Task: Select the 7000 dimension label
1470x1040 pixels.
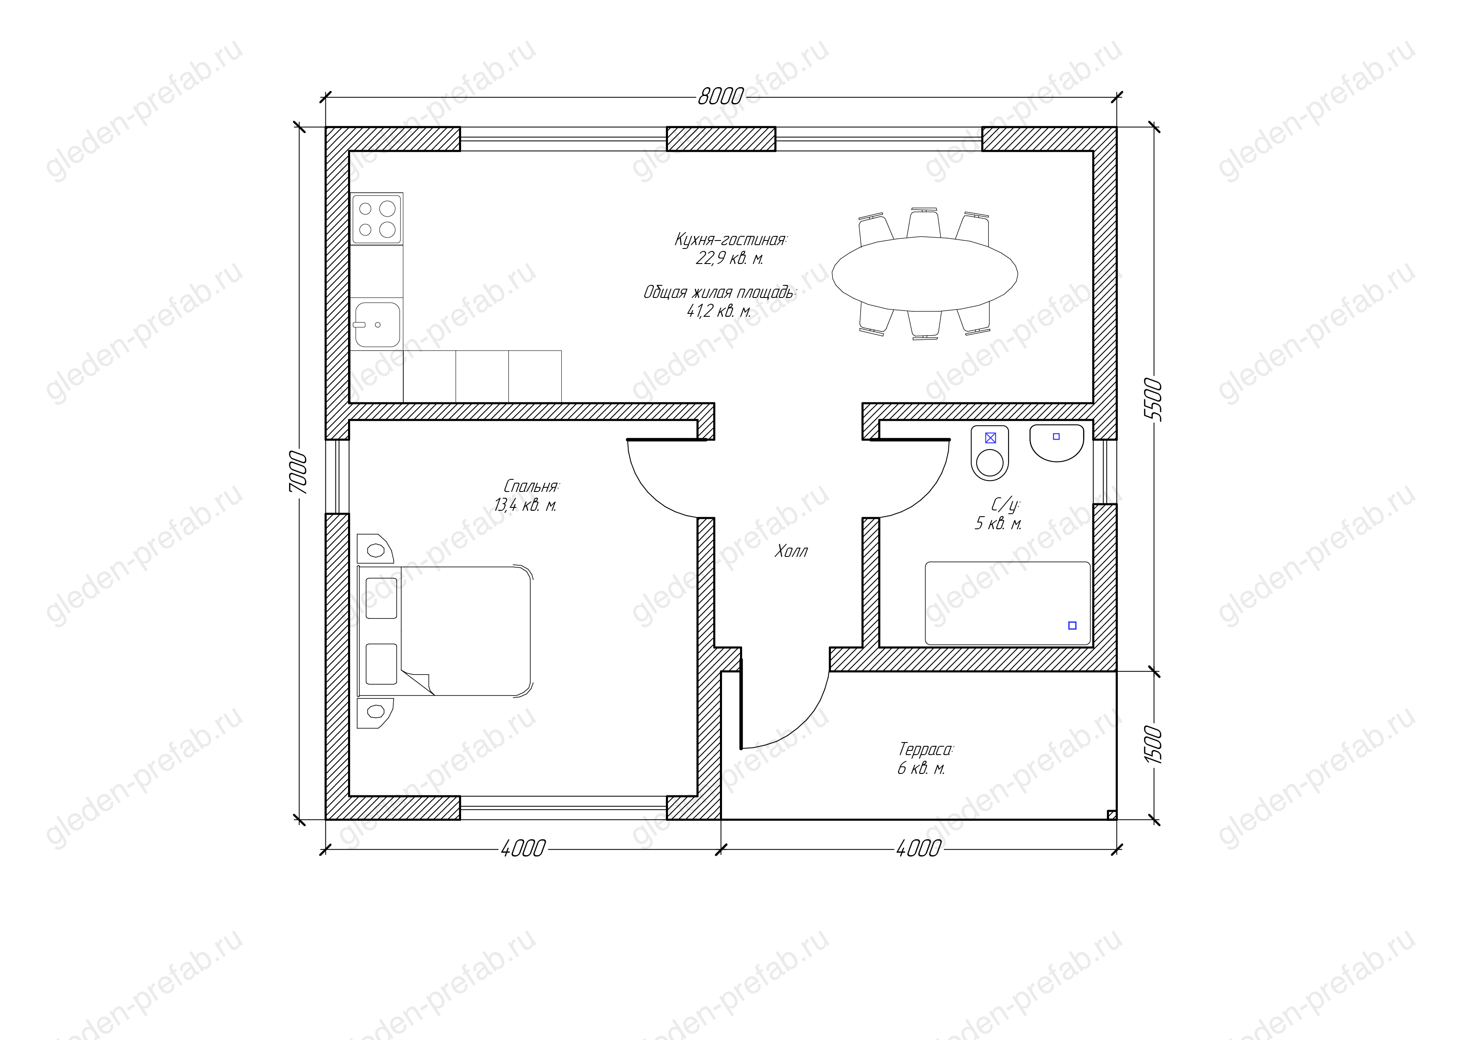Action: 298,473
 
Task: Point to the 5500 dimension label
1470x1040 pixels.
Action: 1153,400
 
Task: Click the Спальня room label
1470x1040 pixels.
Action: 532,486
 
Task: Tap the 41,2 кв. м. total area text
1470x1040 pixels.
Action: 718,312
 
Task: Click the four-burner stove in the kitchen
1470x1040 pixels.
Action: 377,218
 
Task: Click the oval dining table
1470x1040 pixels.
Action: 925,274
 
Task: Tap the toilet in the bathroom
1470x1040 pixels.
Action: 990,453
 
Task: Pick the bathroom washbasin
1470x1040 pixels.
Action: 1056,442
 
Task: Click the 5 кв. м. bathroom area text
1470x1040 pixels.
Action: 998,524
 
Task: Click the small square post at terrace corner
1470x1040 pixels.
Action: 1112,815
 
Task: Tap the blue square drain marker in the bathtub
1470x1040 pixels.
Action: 1073,626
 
